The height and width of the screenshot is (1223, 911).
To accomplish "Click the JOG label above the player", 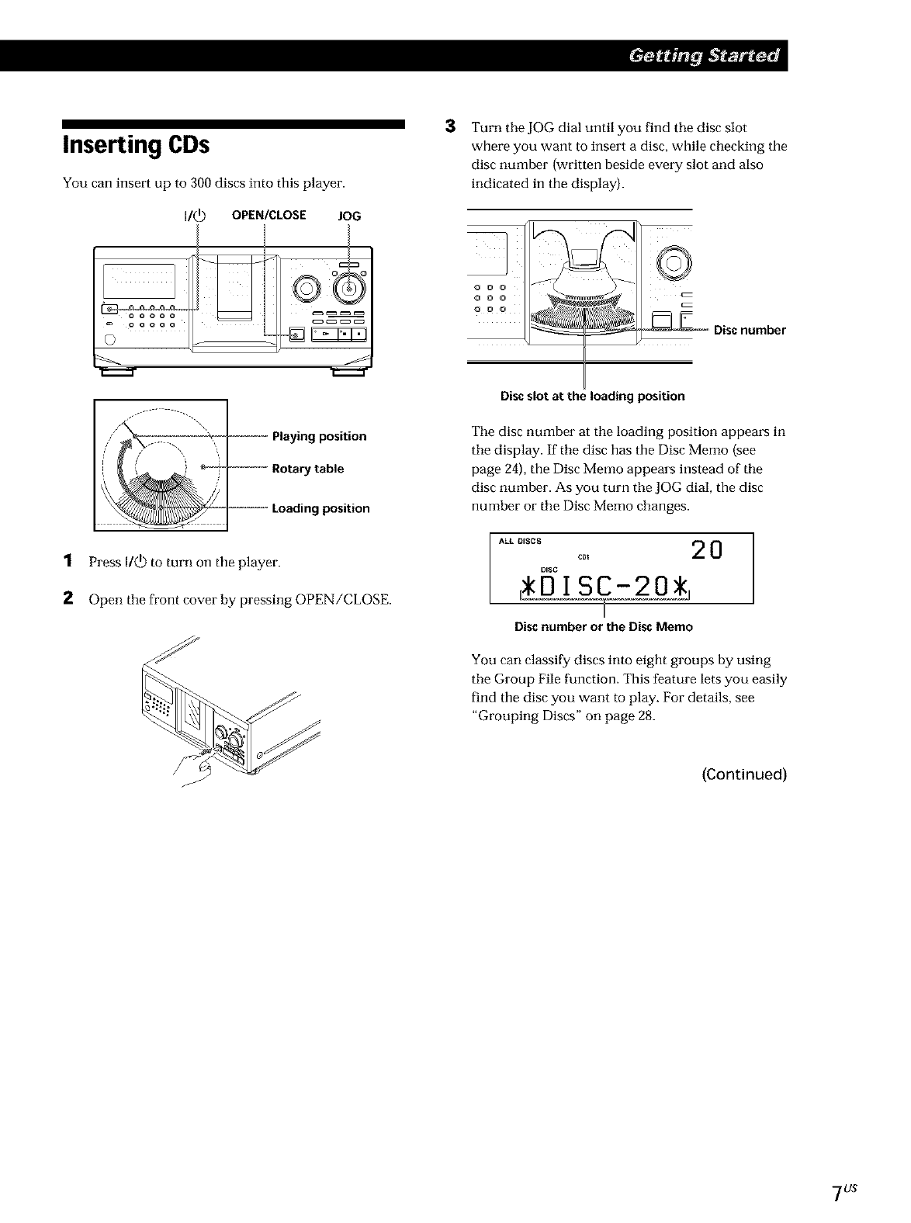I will point(350,216).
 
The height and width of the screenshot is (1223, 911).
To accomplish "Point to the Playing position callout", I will point(319,436).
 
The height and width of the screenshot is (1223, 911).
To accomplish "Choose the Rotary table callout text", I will point(307,469).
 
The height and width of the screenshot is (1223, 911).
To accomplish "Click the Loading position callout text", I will point(320,508).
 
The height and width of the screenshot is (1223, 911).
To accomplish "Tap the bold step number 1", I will point(68,561).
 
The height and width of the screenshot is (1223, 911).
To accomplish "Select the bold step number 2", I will point(68,598).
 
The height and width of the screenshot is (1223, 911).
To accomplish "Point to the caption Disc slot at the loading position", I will point(593,397).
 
